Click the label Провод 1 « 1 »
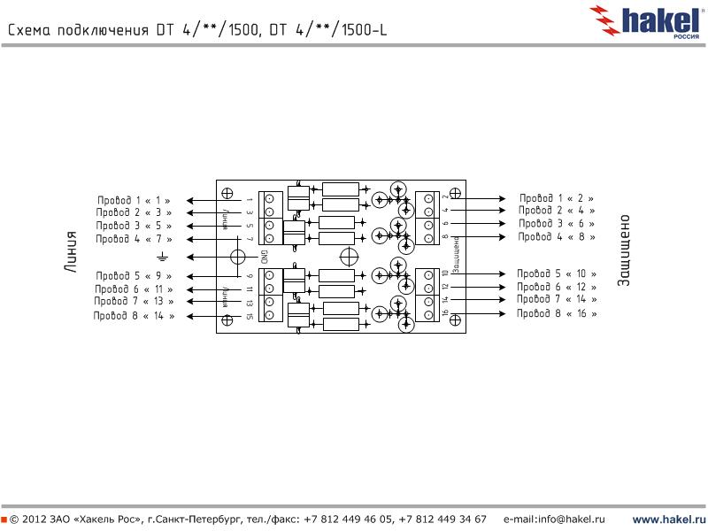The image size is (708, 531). [x=134, y=201]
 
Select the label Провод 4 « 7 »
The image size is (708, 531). [x=134, y=239]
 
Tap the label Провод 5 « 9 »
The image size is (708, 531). [x=134, y=276]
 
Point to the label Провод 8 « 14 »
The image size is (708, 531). [x=134, y=315]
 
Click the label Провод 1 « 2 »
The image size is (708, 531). [x=557, y=198]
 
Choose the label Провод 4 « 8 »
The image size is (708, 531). [x=557, y=236]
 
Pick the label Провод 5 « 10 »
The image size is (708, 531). [x=557, y=273]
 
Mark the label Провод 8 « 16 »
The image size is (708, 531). [x=557, y=313]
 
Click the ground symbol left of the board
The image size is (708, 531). [x=162, y=257]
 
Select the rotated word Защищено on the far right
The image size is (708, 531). [x=623, y=250]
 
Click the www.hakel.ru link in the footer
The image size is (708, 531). [x=667, y=519]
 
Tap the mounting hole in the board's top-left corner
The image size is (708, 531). [x=227, y=193]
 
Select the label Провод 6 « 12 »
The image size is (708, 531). [x=557, y=287]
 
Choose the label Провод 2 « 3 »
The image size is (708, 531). [x=134, y=213]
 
